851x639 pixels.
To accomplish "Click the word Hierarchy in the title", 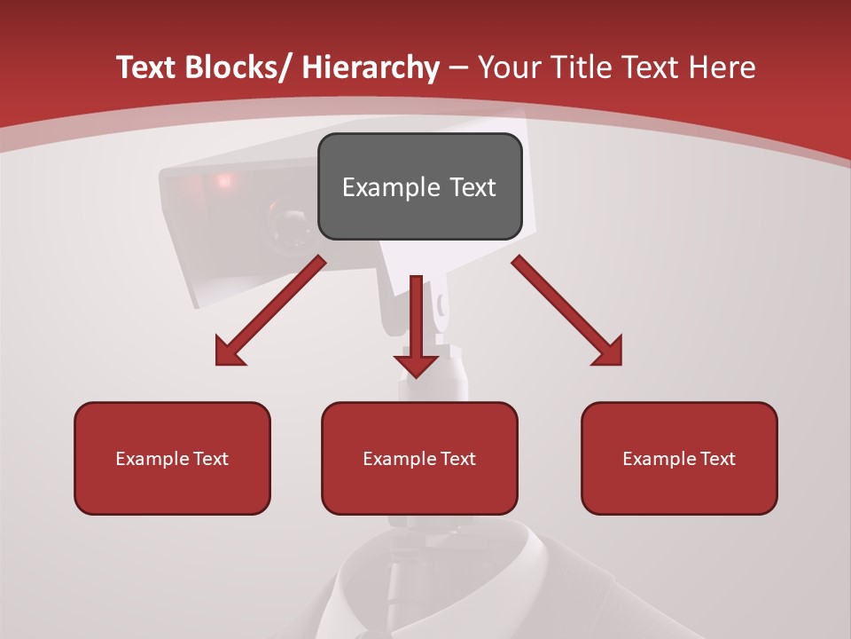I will point(370,67).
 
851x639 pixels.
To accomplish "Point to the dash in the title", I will point(458,67).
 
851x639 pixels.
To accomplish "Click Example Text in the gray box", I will point(419,187).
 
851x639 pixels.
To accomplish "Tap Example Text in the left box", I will point(172,459).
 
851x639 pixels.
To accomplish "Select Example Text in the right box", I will point(679,459).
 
